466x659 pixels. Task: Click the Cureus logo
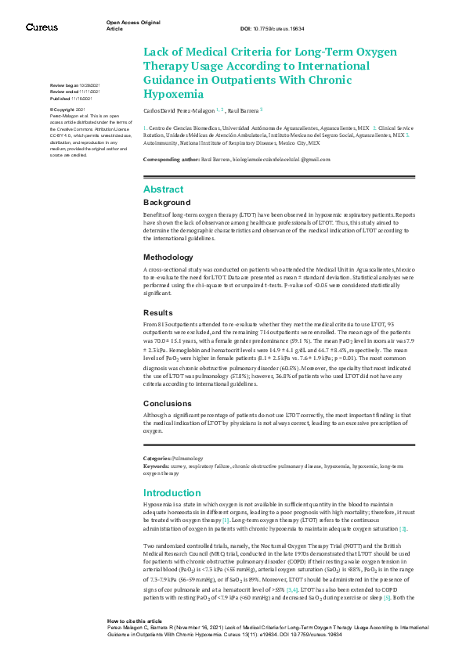(x=42, y=27)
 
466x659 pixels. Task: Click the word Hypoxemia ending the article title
(x=168, y=95)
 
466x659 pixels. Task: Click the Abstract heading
(x=163, y=189)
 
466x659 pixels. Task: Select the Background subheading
(x=166, y=202)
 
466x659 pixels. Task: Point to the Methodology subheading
(x=168, y=257)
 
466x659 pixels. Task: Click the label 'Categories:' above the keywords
(x=157, y=458)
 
